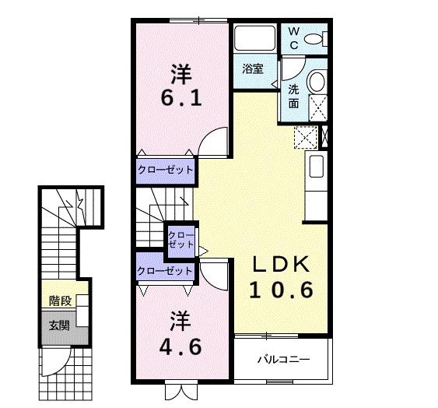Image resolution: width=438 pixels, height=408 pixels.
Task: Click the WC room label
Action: pos(293,39)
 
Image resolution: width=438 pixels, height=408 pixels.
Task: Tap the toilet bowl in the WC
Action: pos(313,39)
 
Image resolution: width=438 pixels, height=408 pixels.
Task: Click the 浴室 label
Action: pos(253,69)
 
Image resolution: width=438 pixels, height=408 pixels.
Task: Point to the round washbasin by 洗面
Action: pos(317,81)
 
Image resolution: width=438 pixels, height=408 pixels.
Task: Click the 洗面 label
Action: pos(293,97)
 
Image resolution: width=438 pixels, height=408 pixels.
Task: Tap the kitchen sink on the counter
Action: pos(317,167)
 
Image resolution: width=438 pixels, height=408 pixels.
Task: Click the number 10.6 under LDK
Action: pos(281,290)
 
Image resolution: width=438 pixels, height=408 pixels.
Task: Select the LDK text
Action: pos(281,264)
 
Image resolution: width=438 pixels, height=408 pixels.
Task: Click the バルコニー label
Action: pos(283,359)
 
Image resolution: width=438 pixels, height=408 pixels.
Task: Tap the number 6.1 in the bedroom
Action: pos(181,98)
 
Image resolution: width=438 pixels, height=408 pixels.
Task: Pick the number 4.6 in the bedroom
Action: pos(180,346)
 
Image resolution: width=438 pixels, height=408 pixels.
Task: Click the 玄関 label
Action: pos(59,325)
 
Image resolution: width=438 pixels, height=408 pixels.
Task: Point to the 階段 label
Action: pos(61,301)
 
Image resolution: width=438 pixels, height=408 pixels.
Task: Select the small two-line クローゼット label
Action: pos(180,240)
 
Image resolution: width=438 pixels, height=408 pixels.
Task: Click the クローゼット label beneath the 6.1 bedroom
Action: pos(166,170)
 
